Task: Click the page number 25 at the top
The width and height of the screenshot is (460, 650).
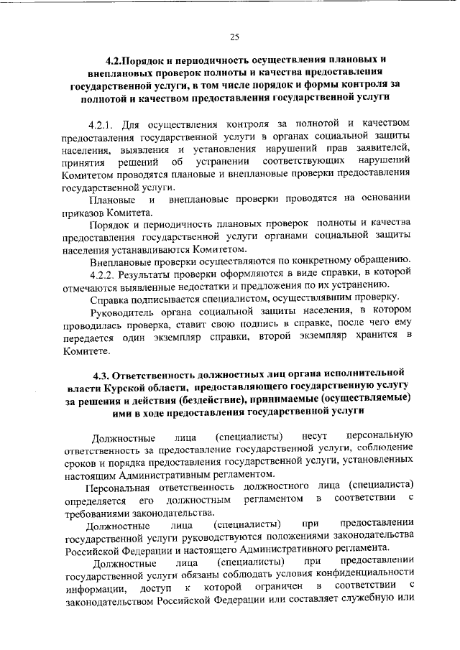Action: pyautogui.click(x=234, y=38)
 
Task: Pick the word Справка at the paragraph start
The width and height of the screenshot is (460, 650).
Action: pyautogui.click(x=109, y=297)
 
